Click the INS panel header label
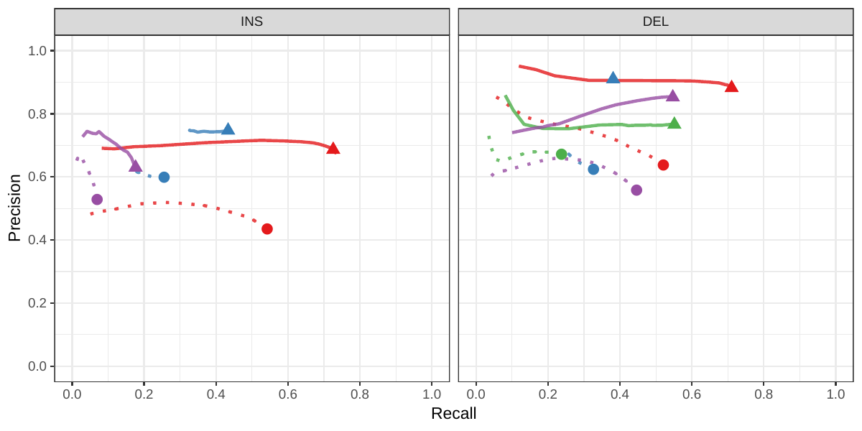pos(251,22)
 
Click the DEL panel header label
pos(655,22)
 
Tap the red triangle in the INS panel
pos(333,149)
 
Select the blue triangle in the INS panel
pos(228,129)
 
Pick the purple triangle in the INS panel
pos(135,167)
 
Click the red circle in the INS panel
pos(267,229)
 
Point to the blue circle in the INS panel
pos(164,177)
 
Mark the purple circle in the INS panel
pos(97,200)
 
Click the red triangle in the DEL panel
pos(731,87)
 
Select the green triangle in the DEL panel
pos(674,124)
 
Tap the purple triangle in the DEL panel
pos(672,96)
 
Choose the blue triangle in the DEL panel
pos(613,78)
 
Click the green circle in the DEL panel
pos(561,154)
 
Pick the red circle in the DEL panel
pos(663,165)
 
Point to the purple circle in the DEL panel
pos(636,190)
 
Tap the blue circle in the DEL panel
pos(593,170)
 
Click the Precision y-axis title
pos(14,208)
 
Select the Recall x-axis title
pos(453,414)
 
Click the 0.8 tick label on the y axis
pos(37,114)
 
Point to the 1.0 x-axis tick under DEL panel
pos(835,394)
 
